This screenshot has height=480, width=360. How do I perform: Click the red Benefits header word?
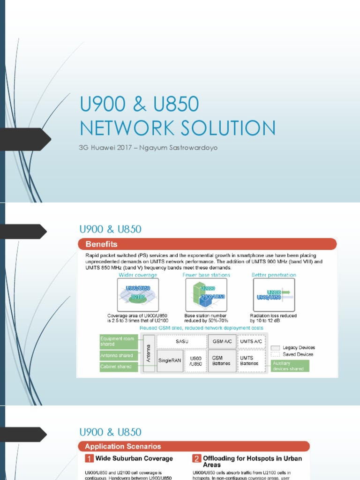101,244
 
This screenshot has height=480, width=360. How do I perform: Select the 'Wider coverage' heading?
138,275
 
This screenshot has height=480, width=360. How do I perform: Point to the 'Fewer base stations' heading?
206,275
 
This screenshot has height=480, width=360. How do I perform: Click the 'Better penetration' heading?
274,275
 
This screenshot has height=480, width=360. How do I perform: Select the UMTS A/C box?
252,341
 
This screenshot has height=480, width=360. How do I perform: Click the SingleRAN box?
169,360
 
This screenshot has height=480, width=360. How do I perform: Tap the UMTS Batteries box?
252,360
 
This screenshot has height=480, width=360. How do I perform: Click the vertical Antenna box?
149,353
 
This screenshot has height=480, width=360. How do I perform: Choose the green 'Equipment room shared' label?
118,341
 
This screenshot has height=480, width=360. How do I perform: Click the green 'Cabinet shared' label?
118,367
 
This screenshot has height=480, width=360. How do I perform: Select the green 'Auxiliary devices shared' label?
290,366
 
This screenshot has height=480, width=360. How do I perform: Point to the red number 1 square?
89,458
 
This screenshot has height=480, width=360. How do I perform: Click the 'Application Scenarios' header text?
123,446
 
